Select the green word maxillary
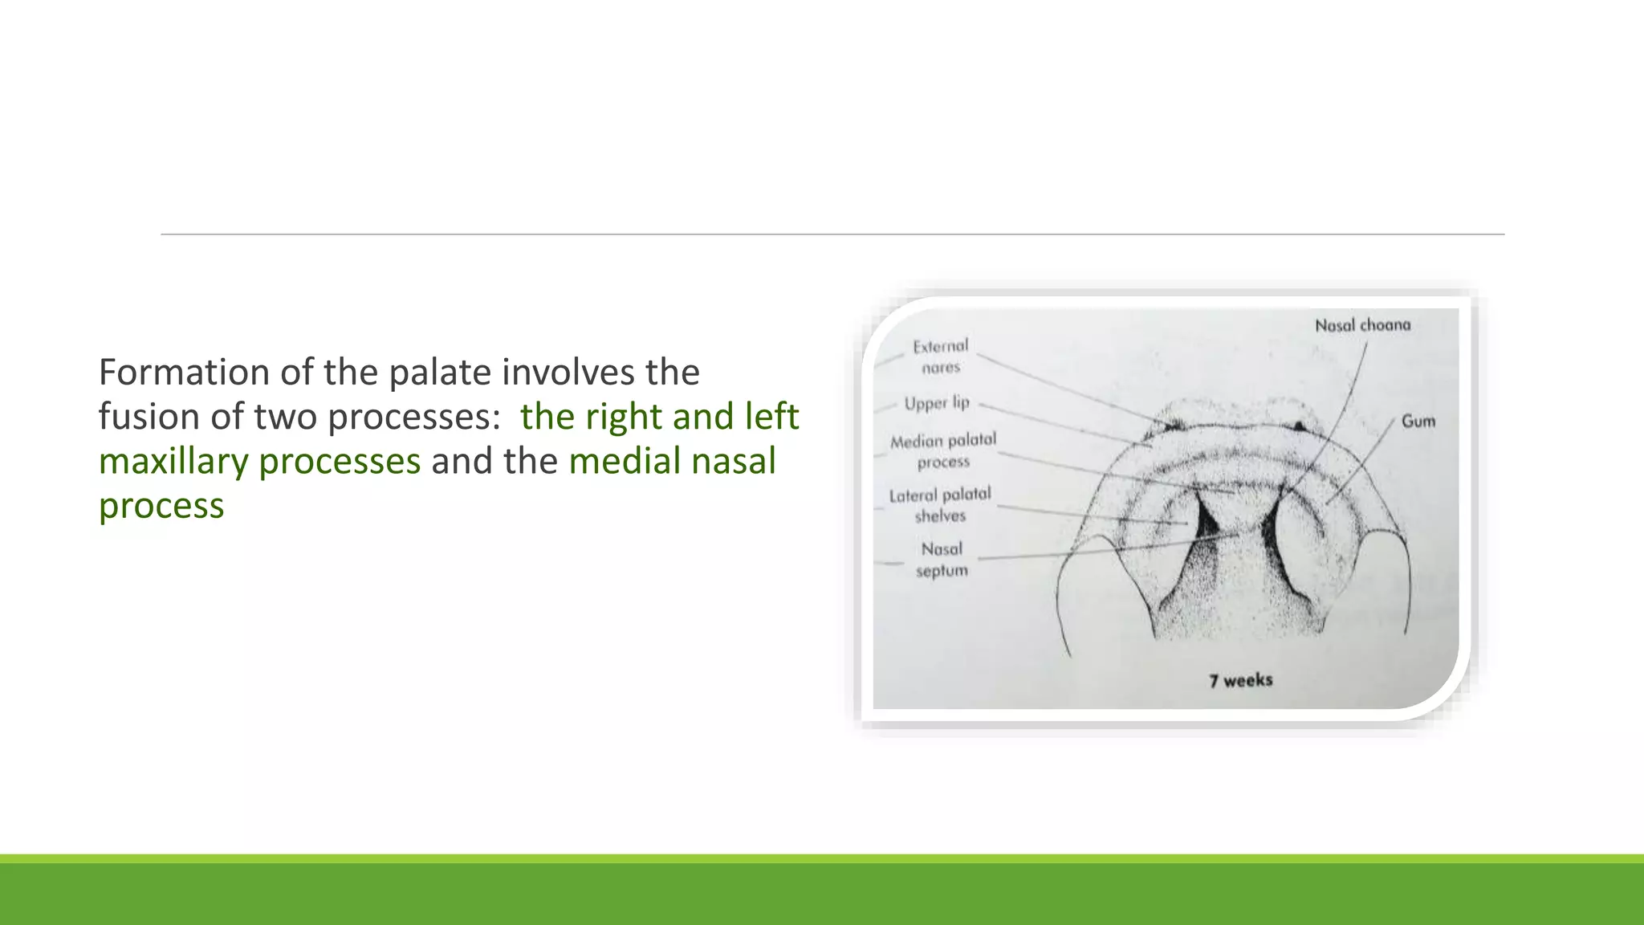[173, 462]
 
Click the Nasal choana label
[1362, 325]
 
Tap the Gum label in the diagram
[1418, 422]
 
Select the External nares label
[940, 357]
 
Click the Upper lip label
[937, 403]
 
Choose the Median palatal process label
[942, 450]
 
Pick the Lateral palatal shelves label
[940, 505]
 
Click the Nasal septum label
[942, 560]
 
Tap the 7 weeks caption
[1240, 681]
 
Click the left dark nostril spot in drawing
[1174, 424]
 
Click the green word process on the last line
[161, 506]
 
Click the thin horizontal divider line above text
[832, 234]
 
